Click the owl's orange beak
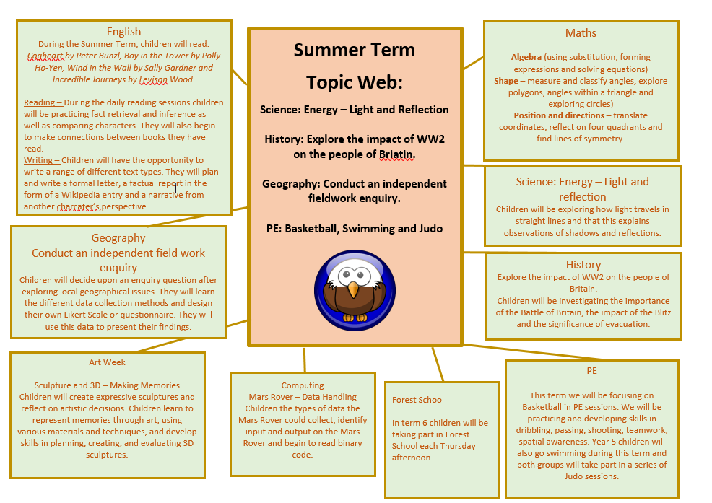point(353,289)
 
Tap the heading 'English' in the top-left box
point(123,31)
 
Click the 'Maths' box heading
point(581,33)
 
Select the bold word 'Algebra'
point(526,57)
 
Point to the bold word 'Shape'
point(506,81)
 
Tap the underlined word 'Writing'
point(38,160)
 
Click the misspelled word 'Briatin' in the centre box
point(397,154)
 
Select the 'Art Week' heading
point(107,362)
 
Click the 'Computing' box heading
point(303,385)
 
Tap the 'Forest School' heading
point(418,400)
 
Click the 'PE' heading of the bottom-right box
point(591,370)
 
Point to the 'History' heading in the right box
point(583,265)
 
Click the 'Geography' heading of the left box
point(118,238)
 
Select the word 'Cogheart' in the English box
point(45,56)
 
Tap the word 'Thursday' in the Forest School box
point(458,446)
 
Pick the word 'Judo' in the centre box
point(430,229)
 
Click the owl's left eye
point(346,274)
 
